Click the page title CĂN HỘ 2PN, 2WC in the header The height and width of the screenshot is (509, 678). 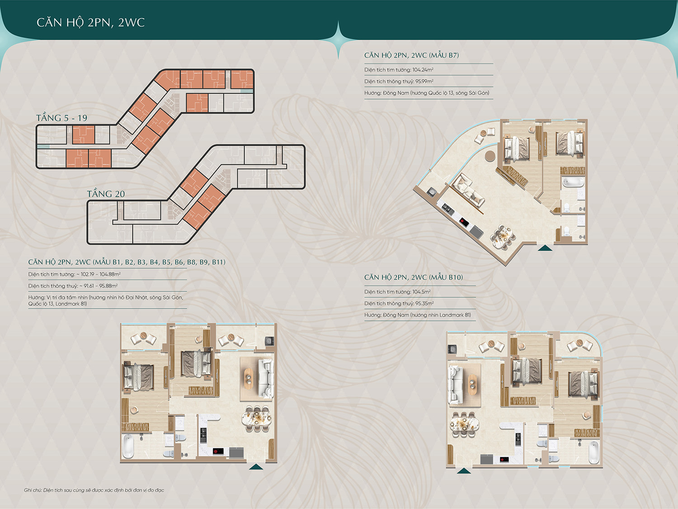pyautogui.click(x=90, y=23)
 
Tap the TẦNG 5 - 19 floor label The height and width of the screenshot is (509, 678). pyautogui.click(x=62, y=118)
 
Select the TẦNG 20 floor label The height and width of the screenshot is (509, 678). pyautogui.click(x=106, y=194)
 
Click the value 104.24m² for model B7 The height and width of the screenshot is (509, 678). pyautogui.click(x=423, y=70)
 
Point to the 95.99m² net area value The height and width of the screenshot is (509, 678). pyautogui.click(x=424, y=81)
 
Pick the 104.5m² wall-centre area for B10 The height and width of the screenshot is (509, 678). pyautogui.click(x=421, y=292)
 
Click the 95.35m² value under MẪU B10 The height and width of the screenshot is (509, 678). pyautogui.click(x=424, y=304)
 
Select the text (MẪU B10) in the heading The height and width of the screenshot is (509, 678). pyautogui.click(x=446, y=277)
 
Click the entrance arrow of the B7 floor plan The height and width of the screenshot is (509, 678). pyautogui.click(x=545, y=248)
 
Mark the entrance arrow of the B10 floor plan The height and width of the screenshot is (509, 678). pyautogui.click(x=464, y=471)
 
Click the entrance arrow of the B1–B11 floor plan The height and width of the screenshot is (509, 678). pyautogui.click(x=256, y=466)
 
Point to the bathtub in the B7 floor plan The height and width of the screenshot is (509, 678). pyautogui.click(x=573, y=182)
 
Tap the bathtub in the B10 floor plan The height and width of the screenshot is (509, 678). pyautogui.click(x=593, y=452)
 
